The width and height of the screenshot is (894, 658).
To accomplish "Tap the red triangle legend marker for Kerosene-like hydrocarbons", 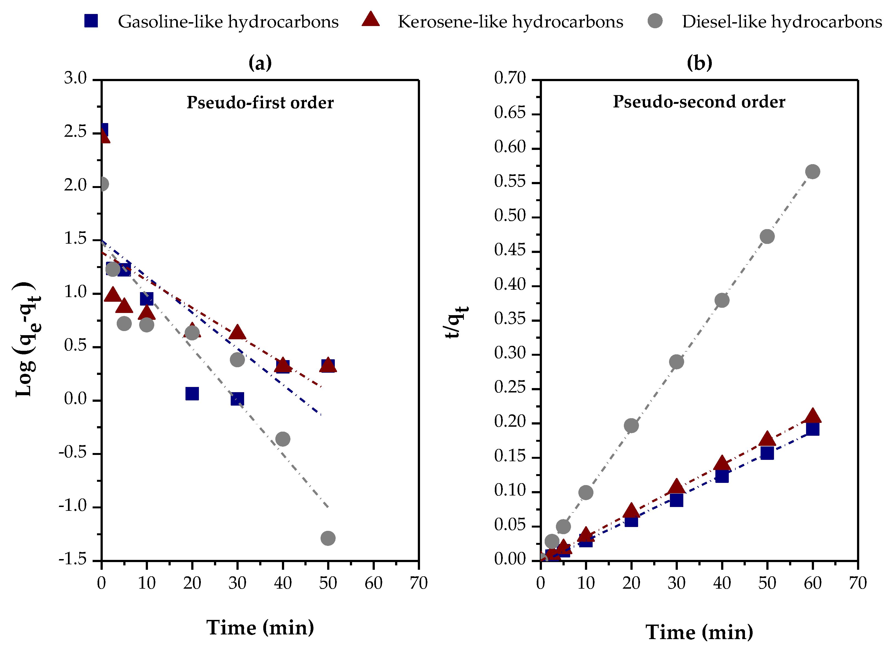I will [x=370, y=19].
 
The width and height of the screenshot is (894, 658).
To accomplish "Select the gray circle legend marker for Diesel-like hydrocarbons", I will [x=655, y=21].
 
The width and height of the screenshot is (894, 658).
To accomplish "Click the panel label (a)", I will [x=260, y=62].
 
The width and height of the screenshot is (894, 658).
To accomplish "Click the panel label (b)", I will [x=699, y=62].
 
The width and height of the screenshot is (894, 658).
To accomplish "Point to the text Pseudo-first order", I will [x=260, y=103].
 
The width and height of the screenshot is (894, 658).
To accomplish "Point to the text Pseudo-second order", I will [x=699, y=102].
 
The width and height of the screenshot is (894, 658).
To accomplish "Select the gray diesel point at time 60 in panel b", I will [x=812, y=172].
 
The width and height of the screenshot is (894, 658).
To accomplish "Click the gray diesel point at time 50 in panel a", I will [x=328, y=538].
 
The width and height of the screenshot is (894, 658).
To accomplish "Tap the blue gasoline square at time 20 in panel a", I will [x=192, y=394].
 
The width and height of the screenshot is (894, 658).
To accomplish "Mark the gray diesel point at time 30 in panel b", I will [x=676, y=362].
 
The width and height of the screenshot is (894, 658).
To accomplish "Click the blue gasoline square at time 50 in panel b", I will [x=767, y=453].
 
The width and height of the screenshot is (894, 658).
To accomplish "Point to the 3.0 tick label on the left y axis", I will [x=75, y=78].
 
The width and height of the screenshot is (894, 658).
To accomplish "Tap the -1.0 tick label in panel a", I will [x=73, y=506].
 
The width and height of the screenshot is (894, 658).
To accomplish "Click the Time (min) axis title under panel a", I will [x=260, y=628].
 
